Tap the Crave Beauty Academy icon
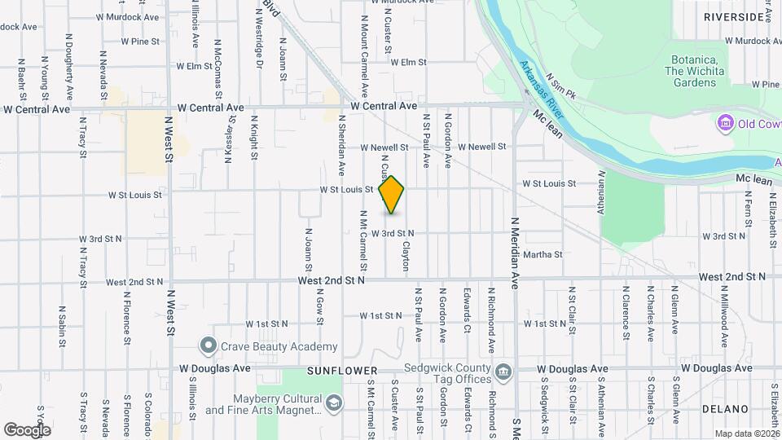tap(209, 345)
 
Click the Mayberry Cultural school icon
tap(333, 403)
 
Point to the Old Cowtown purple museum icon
tap(723, 124)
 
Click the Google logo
tap(27, 429)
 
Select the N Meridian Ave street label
tap(516, 253)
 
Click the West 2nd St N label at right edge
tap(731, 277)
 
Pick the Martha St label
tap(543, 255)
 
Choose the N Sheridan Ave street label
tap(341, 146)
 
